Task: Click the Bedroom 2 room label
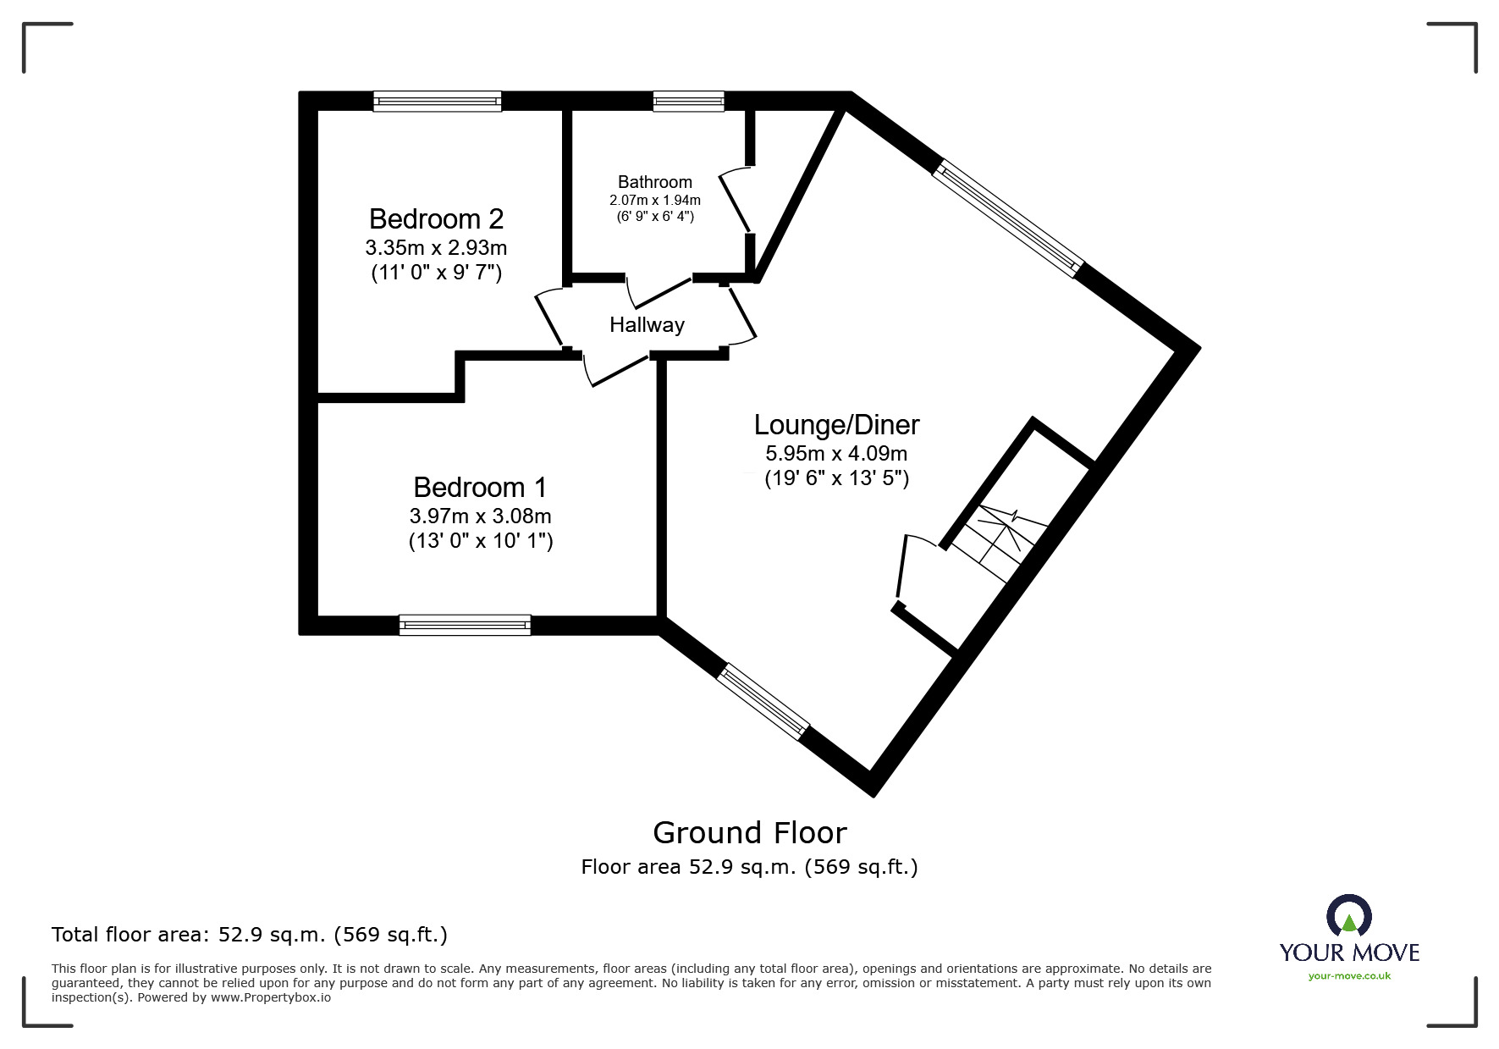coord(436,219)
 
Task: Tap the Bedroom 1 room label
coord(480,488)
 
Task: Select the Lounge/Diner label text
coord(836,425)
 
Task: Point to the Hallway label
coord(647,325)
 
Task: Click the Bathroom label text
coord(654,182)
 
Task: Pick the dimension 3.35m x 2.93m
coord(436,248)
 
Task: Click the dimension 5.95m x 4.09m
coord(836,454)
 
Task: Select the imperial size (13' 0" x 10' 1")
coord(480,541)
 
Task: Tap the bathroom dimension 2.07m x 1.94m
coord(654,201)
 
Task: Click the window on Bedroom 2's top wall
coord(438,102)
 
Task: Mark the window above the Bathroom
coord(688,102)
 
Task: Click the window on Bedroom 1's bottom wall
coord(465,626)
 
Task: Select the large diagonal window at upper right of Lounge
coord(1007,218)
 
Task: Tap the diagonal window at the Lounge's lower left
coord(763,702)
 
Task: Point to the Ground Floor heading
coord(749,833)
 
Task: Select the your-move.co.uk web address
coord(1349,976)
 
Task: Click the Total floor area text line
coord(250,935)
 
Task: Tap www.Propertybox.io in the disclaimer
coord(270,998)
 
